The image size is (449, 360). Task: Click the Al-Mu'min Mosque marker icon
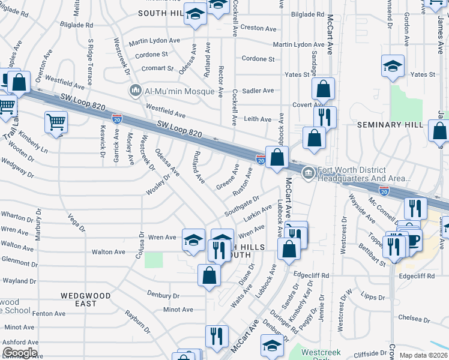(x=135, y=91)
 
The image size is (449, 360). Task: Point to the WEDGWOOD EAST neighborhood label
(x=86, y=299)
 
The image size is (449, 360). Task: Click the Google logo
(x=20, y=353)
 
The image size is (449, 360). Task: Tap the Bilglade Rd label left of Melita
(x=77, y=25)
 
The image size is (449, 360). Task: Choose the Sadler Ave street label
(x=259, y=91)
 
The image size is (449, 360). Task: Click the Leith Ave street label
(x=258, y=119)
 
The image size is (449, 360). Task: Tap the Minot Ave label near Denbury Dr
(x=178, y=310)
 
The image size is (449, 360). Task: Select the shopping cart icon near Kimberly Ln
(x=56, y=122)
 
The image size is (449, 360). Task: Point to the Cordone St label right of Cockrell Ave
(x=258, y=59)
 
